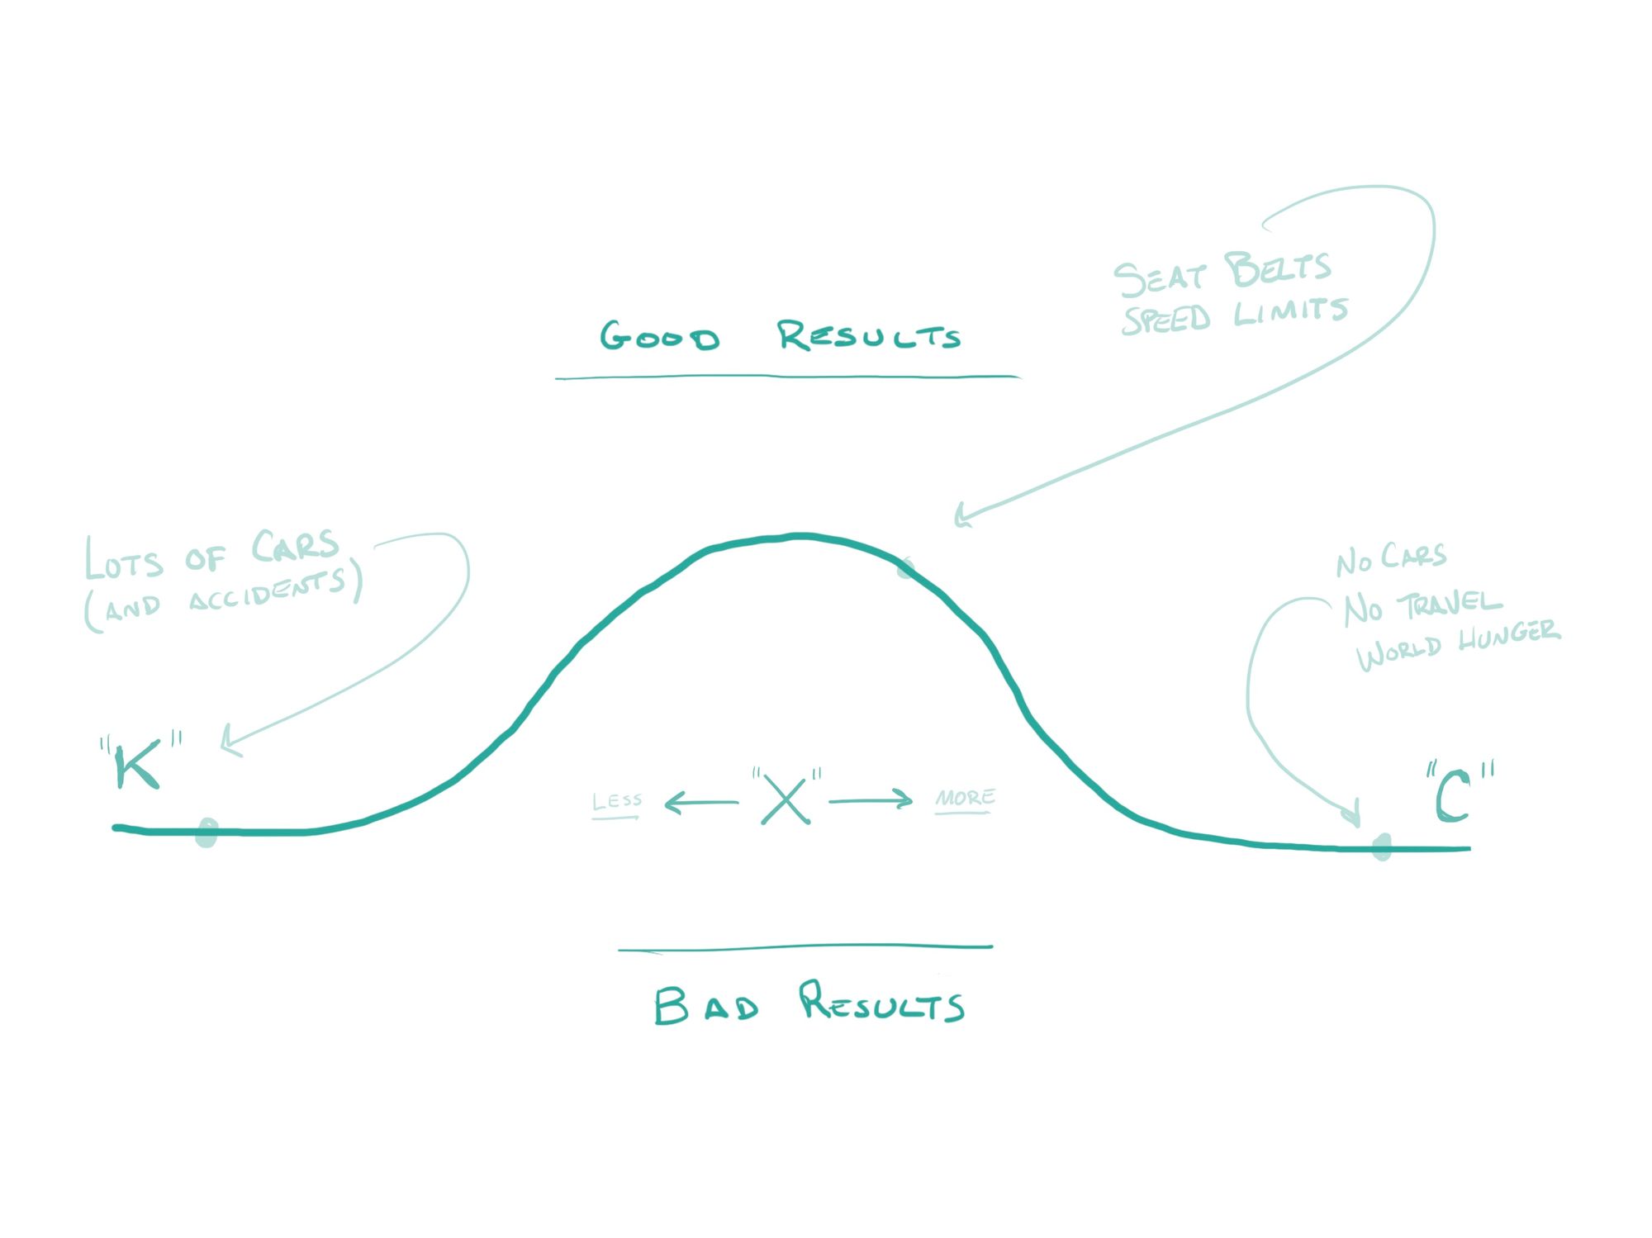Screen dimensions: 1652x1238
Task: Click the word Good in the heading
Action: coord(659,337)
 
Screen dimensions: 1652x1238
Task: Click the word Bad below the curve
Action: coord(706,1006)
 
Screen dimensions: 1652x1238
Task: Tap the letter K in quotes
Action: coord(137,766)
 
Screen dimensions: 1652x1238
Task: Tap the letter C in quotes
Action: coord(1453,796)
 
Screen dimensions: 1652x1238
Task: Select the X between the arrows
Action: coord(786,799)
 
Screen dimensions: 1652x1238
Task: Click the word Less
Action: coord(617,801)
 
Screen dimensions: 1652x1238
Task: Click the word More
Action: coord(965,798)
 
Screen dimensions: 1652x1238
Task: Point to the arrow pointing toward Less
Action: coord(700,802)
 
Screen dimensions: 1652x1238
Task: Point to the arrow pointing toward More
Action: coord(871,800)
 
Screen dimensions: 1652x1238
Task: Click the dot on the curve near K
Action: coord(206,832)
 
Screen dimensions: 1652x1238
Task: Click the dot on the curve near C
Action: coord(1381,847)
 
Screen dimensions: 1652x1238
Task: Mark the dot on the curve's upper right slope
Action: coord(906,568)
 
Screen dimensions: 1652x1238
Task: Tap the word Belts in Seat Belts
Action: coord(1277,269)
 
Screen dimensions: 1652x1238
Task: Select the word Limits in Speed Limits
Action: coord(1290,312)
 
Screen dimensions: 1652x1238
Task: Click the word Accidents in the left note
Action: coord(266,590)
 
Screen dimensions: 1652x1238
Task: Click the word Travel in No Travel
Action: coord(1449,605)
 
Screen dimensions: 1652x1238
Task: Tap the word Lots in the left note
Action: coord(124,559)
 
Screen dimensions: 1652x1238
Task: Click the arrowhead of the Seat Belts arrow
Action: coord(960,516)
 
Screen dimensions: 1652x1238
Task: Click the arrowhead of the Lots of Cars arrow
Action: coord(228,740)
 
